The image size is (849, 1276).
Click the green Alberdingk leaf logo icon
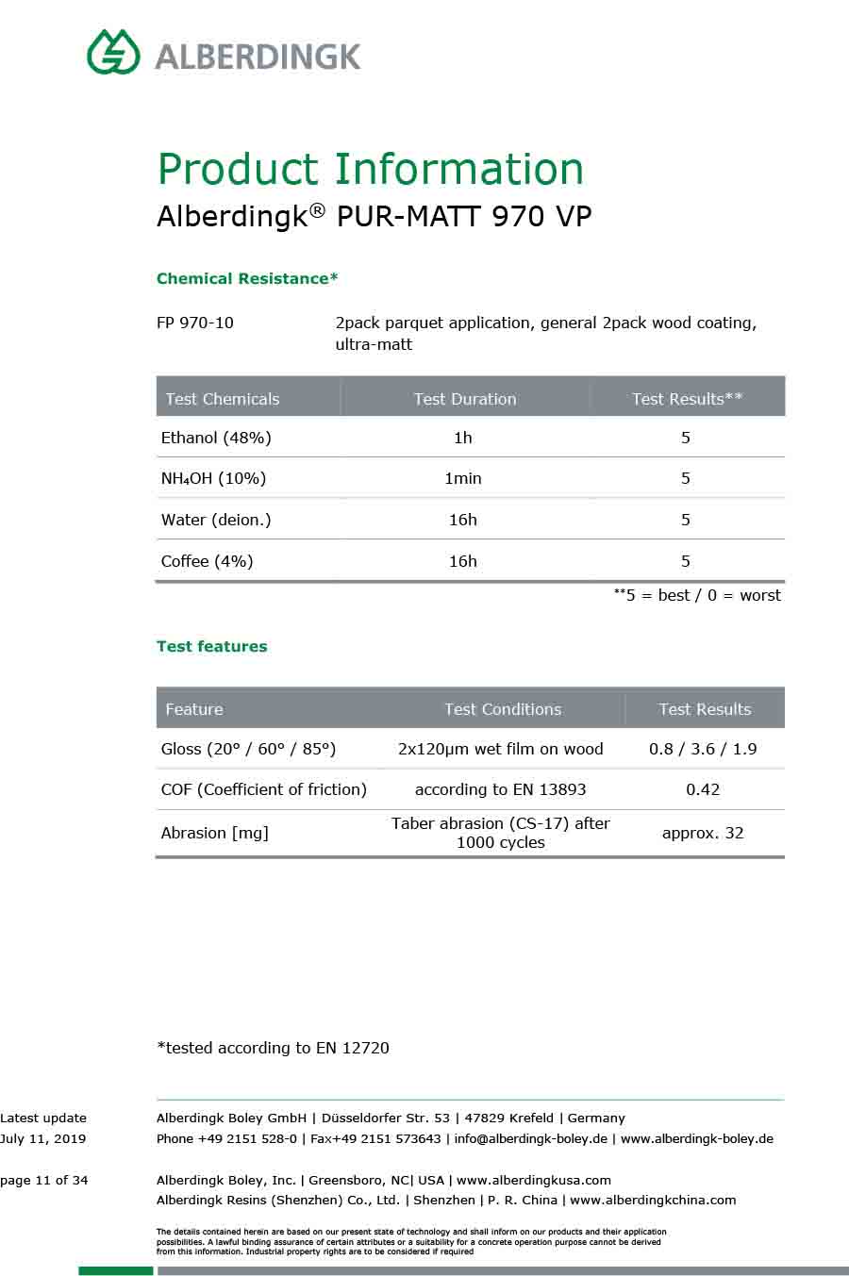pyautogui.click(x=113, y=52)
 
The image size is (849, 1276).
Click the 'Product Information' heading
pyautogui.click(x=370, y=170)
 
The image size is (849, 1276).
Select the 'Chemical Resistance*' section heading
pyautogui.click(x=247, y=279)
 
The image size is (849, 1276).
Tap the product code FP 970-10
pyautogui.click(x=195, y=323)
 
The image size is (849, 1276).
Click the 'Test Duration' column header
pyautogui.click(x=465, y=399)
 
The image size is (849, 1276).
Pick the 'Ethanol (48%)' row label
pyautogui.click(x=216, y=438)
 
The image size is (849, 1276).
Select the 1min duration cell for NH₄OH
pyautogui.click(x=462, y=478)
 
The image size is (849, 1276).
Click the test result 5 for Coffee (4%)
pyautogui.click(x=686, y=561)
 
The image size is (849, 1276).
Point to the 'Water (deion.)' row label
pyautogui.click(x=216, y=520)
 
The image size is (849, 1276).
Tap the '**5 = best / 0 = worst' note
pyautogui.click(x=697, y=595)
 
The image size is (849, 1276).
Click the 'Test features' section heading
pyautogui.click(x=212, y=647)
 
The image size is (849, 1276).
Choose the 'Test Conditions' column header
pyautogui.click(x=503, y=709)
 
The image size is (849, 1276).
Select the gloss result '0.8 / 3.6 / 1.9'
pyautogui.click(x=703, y=749)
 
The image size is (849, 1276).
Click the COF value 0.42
pyautogui.click(x=703, y=789)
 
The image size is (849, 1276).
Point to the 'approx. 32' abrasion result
pyautogui.click(x=703, y=833)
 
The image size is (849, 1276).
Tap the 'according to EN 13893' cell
pyautogui.click(x=500, y=789)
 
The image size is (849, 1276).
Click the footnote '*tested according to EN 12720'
pyautogui.click(x=274, y=1048)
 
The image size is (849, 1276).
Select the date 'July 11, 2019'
pyautogui.click(x=43, y=1138)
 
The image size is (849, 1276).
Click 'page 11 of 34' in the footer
pyautogui.click(x=44, y=1180)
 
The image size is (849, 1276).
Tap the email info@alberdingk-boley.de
pyautogui.click(x=530, y=1138)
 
